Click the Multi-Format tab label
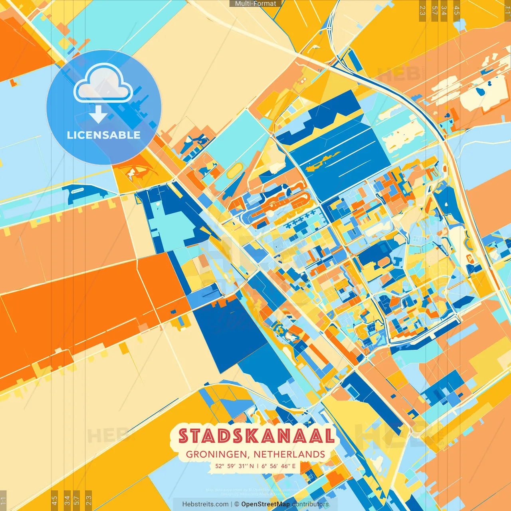(x=255, y=4)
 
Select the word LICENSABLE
(x=104, y=135)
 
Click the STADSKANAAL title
(x=256, y=436)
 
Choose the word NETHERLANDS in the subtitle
(x=289, y=454)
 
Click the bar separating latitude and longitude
(x=258, y=466)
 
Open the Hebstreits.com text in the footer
(x=205, y=504)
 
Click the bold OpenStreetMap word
(x=265, y=504)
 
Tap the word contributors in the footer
(x=311, y=504)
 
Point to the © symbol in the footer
(x=237, y=504)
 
